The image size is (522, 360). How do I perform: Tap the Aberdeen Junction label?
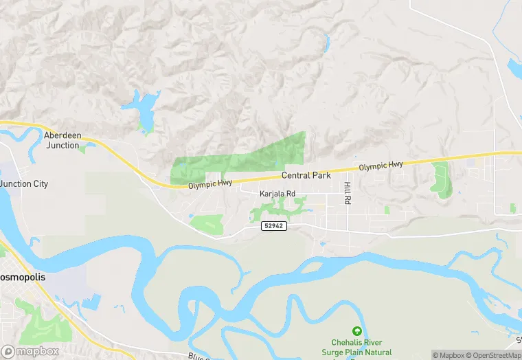coord(62,140)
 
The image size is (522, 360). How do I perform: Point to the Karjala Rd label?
coord(277,194)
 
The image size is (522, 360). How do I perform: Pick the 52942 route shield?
coord(273,226)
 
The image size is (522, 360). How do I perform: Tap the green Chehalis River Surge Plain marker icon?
coord(356,332)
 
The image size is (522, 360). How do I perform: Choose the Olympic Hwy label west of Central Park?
coord(210,185)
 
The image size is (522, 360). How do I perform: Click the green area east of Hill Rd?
coord(441,180)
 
